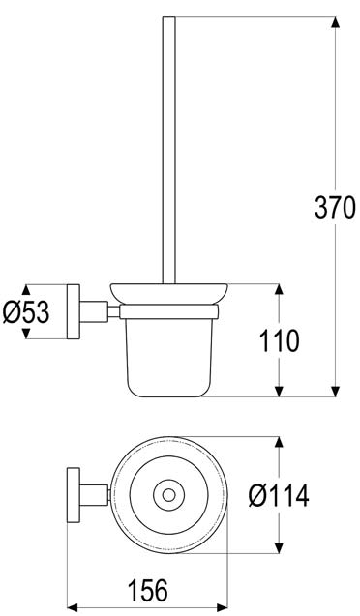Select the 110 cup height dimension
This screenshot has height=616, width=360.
(x=280, y=339)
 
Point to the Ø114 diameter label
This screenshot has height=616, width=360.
(x=278, y=496)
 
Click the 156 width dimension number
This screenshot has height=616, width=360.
(x=148, y=589)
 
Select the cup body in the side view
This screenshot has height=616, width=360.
(x=169, y=353)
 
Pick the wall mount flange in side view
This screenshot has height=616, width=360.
(x=72, y=311)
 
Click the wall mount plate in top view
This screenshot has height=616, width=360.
(x=72, y=496)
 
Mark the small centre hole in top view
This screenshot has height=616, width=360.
(x=169, y=496)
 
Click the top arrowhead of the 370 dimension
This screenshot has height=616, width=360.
(x=335, y=22)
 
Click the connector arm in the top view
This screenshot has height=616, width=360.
(x=94, y=496)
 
